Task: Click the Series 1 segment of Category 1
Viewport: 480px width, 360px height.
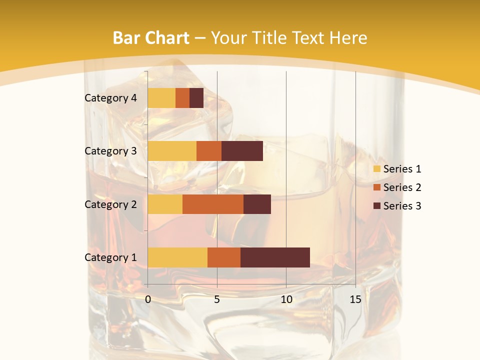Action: tap(177, 257)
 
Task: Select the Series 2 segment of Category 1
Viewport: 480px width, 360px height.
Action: tap(224, 257)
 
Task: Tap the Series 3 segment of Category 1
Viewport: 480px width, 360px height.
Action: tap(275, 257)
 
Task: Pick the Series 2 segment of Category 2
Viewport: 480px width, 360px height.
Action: tap(213, 204)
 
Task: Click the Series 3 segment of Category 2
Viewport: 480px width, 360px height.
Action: tap(257, 204)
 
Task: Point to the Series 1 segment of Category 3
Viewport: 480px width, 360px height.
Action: tap(172, 151)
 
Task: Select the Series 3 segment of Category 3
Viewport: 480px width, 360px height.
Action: tap(242, 151)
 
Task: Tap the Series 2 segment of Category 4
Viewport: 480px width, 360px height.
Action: tap(182, 98)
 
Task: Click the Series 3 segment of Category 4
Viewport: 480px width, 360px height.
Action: tap(196, 98)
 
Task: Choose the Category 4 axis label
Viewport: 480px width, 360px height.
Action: tap(110, 98)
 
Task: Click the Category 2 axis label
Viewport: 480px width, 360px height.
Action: tap(110, 204)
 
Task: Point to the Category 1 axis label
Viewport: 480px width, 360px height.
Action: tap(110, 257)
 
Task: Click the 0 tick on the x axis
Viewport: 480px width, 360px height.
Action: tap(148, 299)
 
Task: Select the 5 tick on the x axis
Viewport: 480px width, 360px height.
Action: tap(217, 299)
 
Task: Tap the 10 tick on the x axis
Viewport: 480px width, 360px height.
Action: tap(286, 299)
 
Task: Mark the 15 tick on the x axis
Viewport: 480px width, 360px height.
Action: tap(355, 299)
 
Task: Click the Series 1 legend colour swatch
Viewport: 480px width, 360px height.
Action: tap(377, 169)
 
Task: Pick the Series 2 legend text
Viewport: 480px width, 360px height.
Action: tap(402, 187)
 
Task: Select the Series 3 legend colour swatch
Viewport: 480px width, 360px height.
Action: tap(377, 206)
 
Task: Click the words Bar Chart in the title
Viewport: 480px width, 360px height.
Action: tap(151, 38)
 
